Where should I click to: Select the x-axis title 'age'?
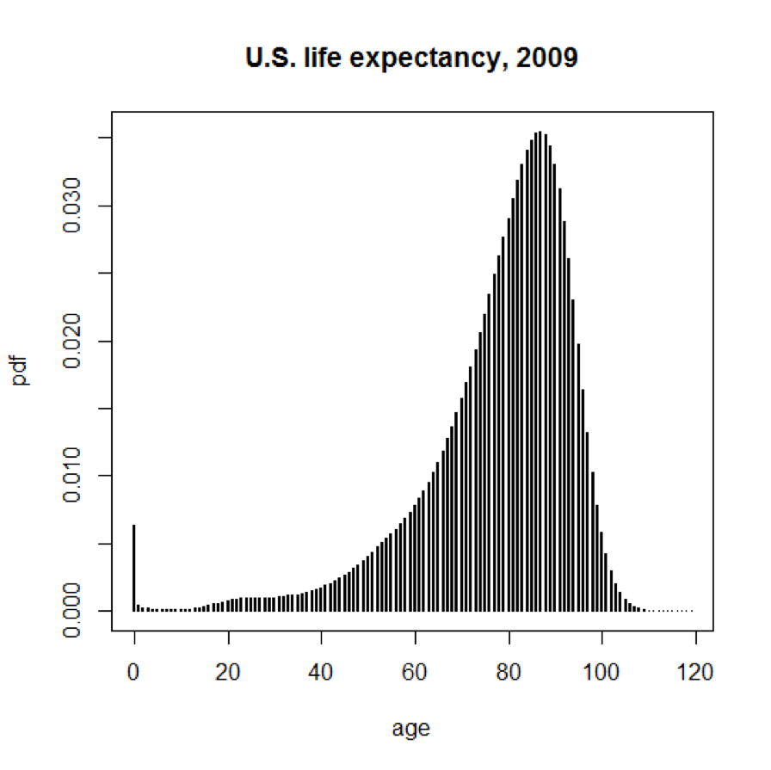[410, 730]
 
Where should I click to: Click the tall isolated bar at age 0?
[134, 568]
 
